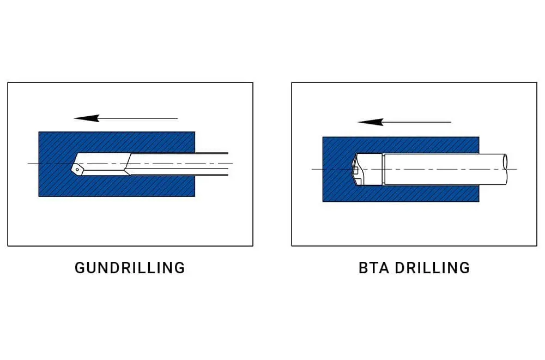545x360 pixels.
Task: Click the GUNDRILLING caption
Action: coord(130,268)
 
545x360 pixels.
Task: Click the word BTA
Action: coord(374,268)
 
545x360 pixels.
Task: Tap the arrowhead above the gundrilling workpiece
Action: coord(87,118)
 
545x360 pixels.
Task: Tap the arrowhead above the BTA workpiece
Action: coord(371,122)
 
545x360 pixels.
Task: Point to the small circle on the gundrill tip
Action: coord(77,170)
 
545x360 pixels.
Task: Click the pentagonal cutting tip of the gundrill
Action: coord(77,169)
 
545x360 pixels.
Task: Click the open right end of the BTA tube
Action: coord(505,170)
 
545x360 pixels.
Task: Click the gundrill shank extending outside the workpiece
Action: coord(211,164)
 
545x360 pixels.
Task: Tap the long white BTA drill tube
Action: coord(445,170)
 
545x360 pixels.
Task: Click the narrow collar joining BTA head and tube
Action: coord(383,170)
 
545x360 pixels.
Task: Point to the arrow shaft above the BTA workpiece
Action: coord(417,122)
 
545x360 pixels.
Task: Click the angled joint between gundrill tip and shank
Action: coord(128,164)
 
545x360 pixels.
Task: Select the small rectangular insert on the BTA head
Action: coord(355,171)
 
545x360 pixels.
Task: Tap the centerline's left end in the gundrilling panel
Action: coord(28,164)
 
